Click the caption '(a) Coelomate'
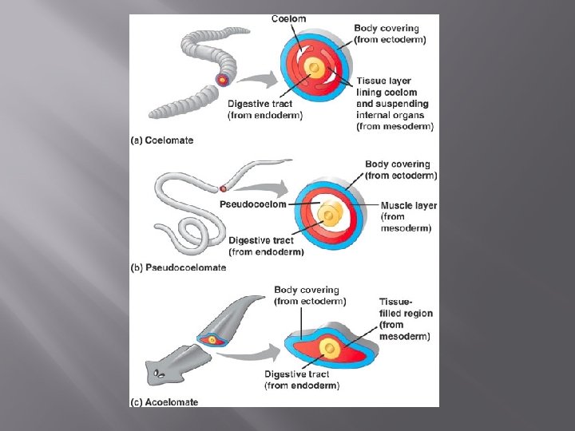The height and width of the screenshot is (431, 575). [x=161, y=141]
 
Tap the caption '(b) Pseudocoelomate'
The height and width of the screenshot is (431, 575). [x=178, y=268]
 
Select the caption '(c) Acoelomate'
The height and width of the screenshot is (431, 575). [x=164, y=402]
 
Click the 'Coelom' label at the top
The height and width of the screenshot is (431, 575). [x=288, y=19]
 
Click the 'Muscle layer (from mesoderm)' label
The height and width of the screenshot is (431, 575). [x=408, y=216]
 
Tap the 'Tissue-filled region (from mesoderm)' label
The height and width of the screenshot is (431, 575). [x=406, y=319]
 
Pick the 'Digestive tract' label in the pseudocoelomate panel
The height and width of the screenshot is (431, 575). [x=266, y=246]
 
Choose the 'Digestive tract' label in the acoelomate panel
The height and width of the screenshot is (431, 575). [x=302, y=380]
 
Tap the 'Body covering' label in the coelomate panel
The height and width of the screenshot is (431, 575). [x=390, y=34]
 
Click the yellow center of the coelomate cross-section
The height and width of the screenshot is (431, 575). [x=315, y=69]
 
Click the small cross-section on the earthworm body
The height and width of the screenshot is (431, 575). [x=222, y=80]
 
